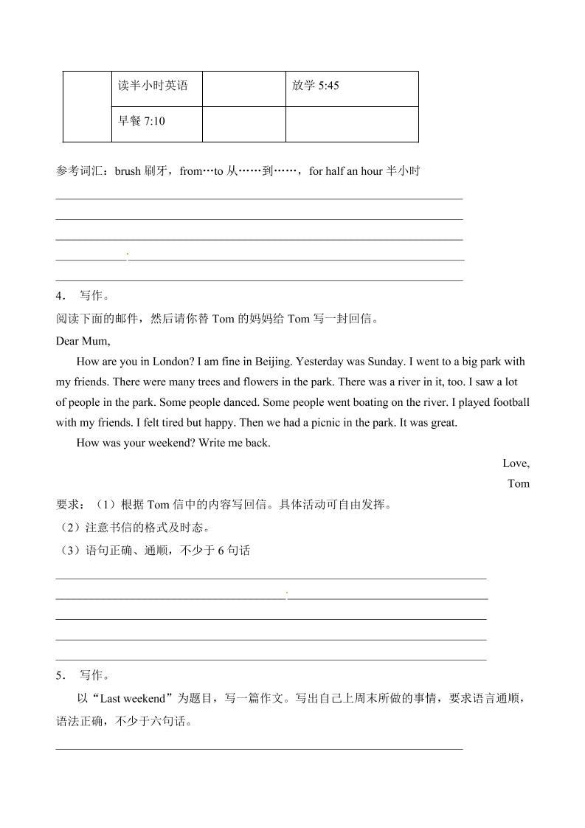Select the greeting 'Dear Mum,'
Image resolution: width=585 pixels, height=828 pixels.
click(x=83, y=341)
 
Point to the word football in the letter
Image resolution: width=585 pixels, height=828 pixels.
click(x=510, y=402)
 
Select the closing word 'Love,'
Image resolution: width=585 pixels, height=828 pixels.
click(x=516, y=463)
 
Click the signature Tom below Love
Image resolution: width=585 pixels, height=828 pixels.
click(x=519, y=484)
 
